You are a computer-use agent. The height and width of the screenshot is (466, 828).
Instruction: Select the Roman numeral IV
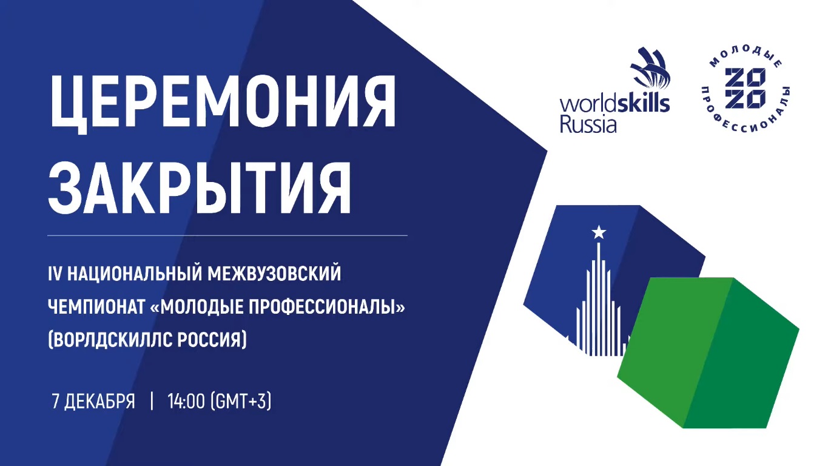tap(55, 274)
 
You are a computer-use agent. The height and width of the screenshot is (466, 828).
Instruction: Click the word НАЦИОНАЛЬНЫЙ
tap(134, 274)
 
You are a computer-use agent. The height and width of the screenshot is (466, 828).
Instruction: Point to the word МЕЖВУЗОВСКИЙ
tap(274, 274)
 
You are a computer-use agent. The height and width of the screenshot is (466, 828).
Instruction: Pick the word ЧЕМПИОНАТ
tap(96, 307)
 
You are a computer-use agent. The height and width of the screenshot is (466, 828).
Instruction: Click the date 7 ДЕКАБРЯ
tap(93, 402)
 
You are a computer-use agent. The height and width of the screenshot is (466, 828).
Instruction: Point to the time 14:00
tap(186, 401)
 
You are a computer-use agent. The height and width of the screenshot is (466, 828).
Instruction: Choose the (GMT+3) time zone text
tap(241, 402)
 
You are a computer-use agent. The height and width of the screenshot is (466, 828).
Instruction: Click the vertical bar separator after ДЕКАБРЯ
tap(152, 401)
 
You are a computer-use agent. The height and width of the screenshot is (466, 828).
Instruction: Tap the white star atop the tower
tap(599, 232)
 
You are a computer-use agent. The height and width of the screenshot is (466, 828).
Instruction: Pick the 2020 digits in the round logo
tap(745, 90)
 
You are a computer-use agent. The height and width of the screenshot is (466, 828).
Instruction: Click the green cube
tap(708, 353)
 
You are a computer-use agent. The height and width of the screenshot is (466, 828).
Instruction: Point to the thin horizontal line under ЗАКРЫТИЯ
tap(227, 235)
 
